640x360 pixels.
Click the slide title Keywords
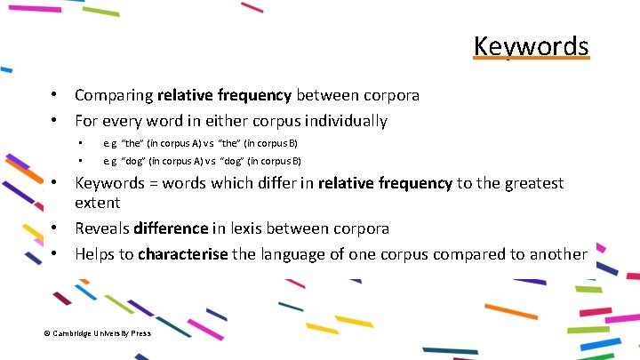[531, 45]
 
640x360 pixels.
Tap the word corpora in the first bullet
[390, 94]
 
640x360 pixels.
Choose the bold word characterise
[183, 254]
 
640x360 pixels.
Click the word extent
[98, 202]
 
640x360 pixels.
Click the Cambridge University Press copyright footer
[97, 333]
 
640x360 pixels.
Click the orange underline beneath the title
[531, 59]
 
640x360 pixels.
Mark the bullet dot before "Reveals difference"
[55, 228]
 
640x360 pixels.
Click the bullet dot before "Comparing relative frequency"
[55, 94]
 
